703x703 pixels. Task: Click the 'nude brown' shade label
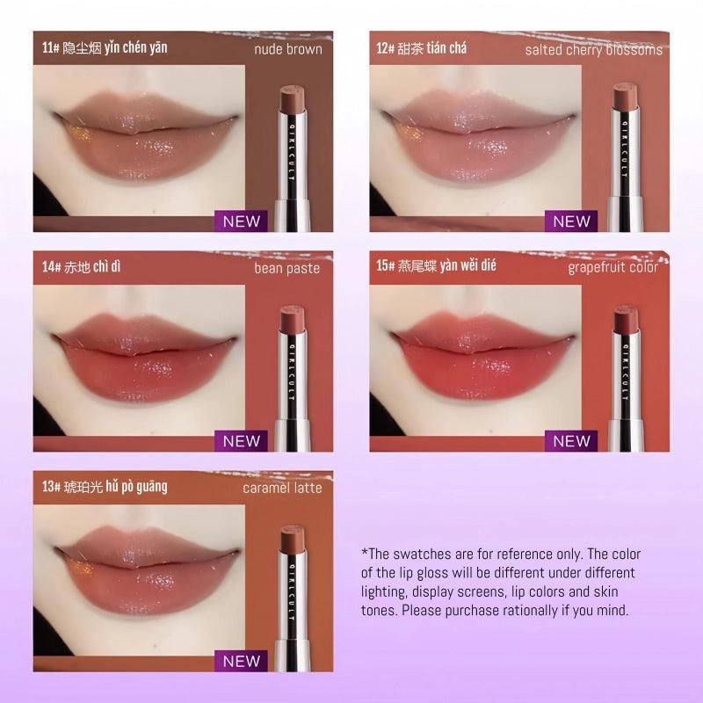288,50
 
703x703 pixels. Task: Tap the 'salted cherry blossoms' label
593,50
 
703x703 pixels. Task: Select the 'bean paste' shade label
287,268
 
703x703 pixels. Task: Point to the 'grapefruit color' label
612,267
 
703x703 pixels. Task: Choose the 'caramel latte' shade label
283,488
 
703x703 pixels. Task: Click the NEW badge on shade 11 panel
241,221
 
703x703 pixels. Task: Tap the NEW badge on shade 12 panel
571,221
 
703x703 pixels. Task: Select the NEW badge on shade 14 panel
241,440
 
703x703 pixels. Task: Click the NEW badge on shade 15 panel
571,440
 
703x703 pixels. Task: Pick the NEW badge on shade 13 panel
241,660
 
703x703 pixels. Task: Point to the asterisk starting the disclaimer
365,554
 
